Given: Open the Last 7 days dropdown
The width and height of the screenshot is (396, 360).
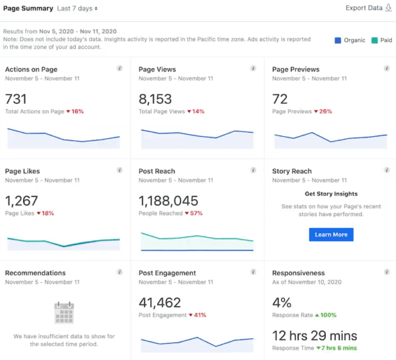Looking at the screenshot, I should [x=77, y=9].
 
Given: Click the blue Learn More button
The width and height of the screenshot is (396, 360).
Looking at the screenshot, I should [x=331, y=234].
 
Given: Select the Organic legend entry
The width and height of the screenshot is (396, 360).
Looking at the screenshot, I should [x=349, y=40].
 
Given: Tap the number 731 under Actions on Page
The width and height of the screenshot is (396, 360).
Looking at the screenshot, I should [x=17, y=99].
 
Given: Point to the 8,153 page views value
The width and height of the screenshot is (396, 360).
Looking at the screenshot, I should [x=156, y=99].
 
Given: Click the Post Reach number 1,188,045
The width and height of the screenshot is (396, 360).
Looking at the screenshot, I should [x=168, y=201].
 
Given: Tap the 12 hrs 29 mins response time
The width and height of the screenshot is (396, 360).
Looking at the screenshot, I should [x=314, y=336].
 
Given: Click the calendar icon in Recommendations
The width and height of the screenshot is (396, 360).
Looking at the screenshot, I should [x=64, y=312].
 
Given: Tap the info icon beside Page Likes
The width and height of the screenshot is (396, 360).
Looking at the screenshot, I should [x=119, y=170].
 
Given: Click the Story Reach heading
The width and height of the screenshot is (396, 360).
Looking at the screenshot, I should [x=292, y=171].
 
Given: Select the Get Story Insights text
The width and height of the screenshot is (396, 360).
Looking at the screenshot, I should [x=331, y=194].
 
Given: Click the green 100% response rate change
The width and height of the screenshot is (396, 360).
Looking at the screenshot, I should [x=327, y=316].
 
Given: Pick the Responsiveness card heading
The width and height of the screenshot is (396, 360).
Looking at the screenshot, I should [x=298, y=273].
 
